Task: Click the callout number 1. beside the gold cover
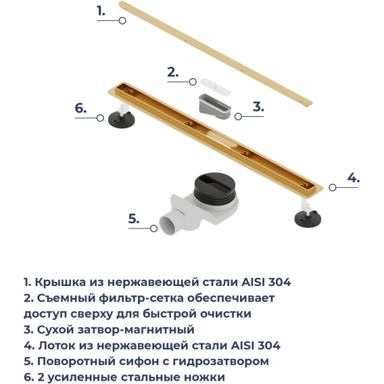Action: pyautogui.click(x=101, y=11)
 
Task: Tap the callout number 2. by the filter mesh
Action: pyautogui.click(x=172, y=72)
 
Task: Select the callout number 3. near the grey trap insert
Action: pyautogui.click(x=258, y=107)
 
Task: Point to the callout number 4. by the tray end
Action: pyautogui.click(x=354, y=178)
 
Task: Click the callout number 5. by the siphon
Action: pyautogui.click(x=134, y=218)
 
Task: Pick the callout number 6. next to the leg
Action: pyautogui.click(x=80, y=108)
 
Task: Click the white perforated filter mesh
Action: pyautogui.click(x=215, y=87)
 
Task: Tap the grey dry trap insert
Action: pyautogui.click(x=214, y=107)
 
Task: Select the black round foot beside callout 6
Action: pyautogui.click(x=122, y=120)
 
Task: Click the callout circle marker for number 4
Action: pyautogui.click(x=333, y=187)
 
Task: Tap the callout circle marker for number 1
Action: pyautogui.click(x=122, y=20)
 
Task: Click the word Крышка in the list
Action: pyautogui.click(x=60, y=282)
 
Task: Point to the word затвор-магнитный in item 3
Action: pyautogui.click(x=136, y=329)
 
